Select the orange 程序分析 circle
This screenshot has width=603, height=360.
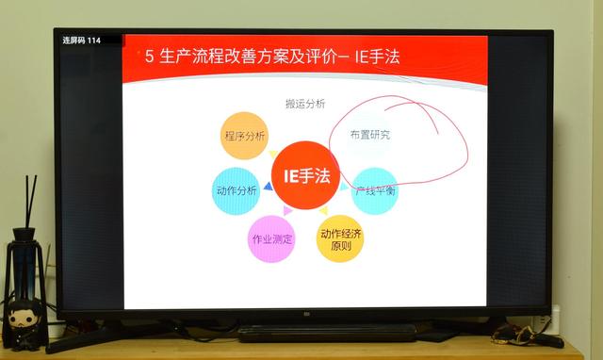point(245,136)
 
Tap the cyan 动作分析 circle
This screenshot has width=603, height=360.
point(236,190)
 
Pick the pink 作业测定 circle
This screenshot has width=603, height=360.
point(271,238)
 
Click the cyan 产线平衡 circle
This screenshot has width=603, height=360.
point(374,190)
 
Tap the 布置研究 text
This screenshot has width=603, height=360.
point(369,135)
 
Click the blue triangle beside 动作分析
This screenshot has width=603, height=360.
point(268,188)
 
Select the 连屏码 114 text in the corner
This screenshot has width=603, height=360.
point(81,41)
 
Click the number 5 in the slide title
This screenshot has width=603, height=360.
point(150,57)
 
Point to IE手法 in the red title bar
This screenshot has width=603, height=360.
point(374,57)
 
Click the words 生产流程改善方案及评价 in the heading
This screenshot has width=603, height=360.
point(251,57)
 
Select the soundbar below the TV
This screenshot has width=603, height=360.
point(325,333)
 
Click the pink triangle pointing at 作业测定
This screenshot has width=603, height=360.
point(285,213)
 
